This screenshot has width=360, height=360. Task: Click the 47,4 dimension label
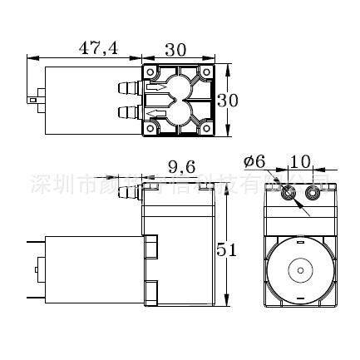98,47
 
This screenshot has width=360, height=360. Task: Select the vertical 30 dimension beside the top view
228,100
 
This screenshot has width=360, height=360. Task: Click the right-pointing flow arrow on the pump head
156,86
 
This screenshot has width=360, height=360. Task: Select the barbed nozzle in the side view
128,195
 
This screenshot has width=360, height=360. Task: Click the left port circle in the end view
288,194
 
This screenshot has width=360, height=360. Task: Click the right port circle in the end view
313,194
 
